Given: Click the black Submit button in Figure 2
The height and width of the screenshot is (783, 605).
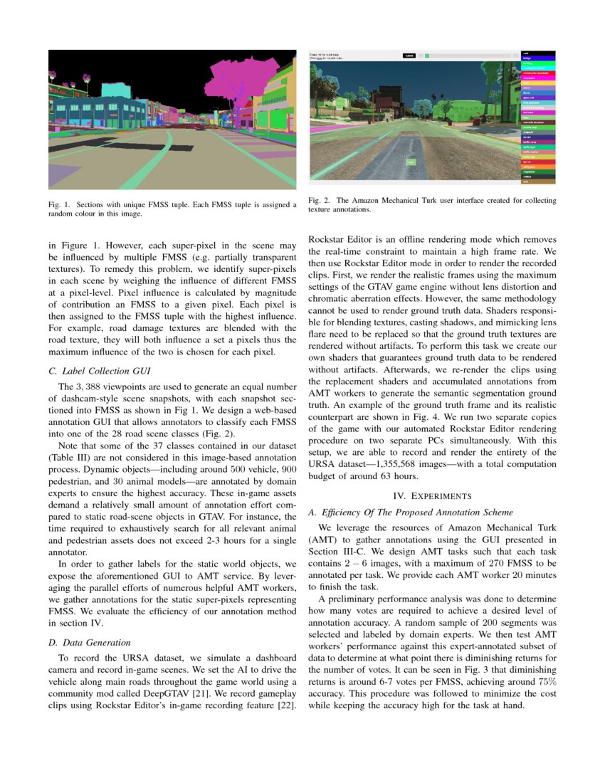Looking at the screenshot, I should click(409, 55).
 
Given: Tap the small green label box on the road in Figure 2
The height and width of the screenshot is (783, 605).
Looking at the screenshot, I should click(411, 162).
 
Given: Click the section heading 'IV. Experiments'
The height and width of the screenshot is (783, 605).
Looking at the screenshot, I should click(432, 494).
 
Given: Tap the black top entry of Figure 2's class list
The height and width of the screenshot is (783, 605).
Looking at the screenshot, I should click(538, 53).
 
